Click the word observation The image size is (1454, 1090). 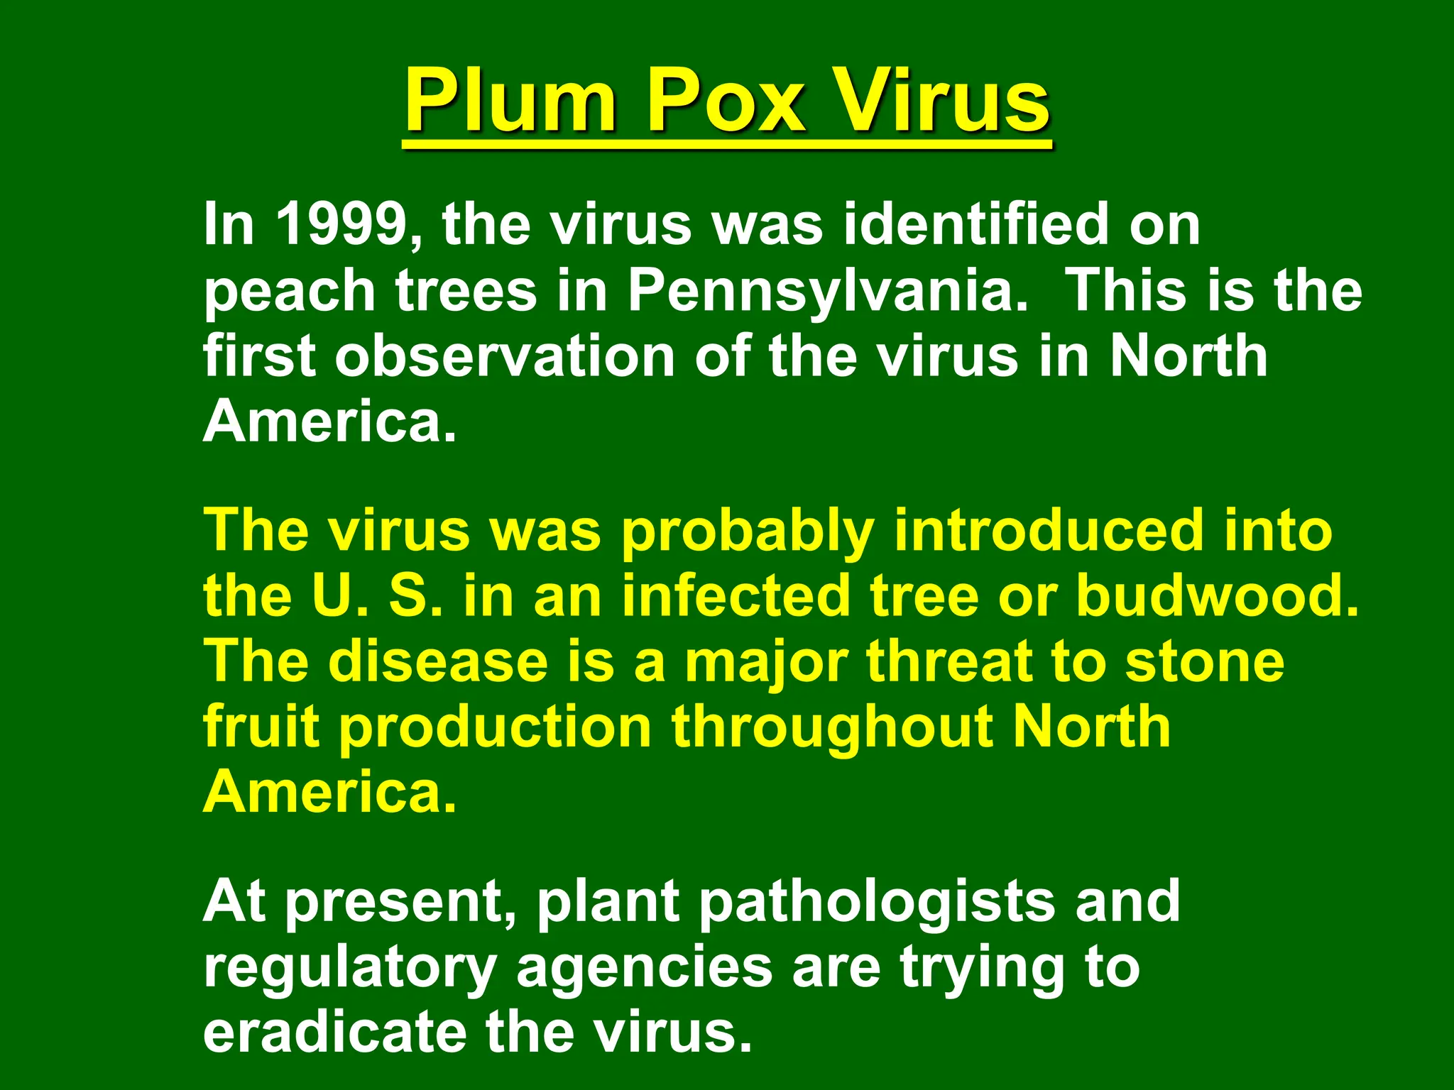coord(505,356)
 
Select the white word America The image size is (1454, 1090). coord(329,422)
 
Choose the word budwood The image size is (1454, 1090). coord(1217,596)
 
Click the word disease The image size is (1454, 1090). coord(438,661)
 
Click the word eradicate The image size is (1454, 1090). coord(334,1032)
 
